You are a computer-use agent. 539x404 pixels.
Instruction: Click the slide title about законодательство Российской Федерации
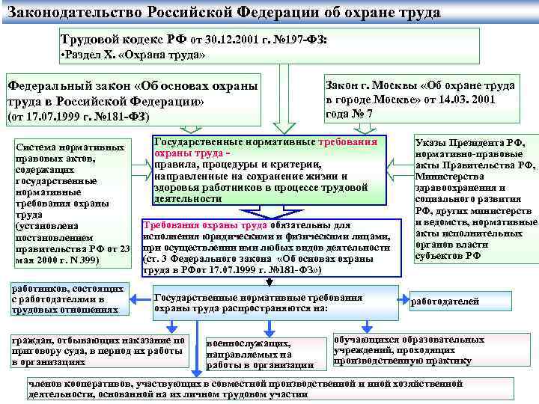[x=225, y=13]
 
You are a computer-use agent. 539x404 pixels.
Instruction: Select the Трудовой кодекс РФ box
[x=269, y=45]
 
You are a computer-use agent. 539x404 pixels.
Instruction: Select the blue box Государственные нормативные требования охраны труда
[x=269, y=171]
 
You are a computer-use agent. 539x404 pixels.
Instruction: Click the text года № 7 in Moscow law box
[x=349, y=114]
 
